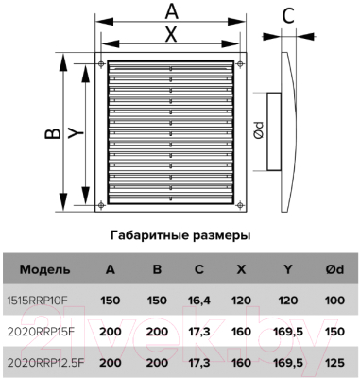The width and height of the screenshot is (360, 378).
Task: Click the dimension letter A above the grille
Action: point(170,11)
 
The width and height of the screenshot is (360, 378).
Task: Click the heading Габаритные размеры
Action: point(180,232)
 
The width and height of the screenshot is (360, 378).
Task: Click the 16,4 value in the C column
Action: point(199,301)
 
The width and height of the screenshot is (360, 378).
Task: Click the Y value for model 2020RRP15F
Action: point(286,333)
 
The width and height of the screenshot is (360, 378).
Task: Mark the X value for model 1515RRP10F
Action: point(243,301)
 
